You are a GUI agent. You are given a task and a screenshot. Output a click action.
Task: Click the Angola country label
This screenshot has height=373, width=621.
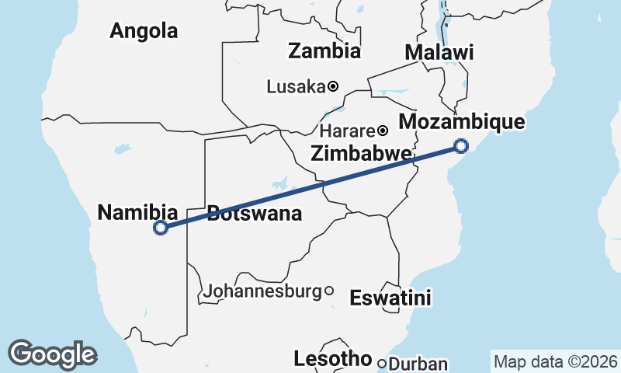tap(144, 31)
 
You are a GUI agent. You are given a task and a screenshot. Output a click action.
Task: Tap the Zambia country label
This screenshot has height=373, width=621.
tap(324, 51)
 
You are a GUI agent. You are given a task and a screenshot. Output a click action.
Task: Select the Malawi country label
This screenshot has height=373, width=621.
tap(439, 53)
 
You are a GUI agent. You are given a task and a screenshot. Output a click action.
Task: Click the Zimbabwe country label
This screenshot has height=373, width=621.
tap(360, 154)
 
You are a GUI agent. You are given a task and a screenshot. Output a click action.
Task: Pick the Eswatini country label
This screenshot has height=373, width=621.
tap(390, 298)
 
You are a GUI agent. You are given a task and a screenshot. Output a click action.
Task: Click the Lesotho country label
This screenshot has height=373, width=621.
tap(333, 359)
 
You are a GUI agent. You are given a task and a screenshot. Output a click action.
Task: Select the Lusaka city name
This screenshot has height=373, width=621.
tap(295, 86)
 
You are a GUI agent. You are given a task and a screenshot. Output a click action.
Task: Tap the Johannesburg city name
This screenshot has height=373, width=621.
tap(263, 291)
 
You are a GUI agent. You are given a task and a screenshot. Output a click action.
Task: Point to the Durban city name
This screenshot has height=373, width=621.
tap(418, 364)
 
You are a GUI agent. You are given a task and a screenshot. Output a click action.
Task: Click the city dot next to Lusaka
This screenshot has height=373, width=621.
tap(332, 86)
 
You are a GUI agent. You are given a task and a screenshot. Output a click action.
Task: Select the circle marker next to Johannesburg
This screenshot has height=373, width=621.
tap(329, 291)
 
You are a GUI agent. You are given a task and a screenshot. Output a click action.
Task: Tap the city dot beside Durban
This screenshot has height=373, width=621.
tap(382, 363)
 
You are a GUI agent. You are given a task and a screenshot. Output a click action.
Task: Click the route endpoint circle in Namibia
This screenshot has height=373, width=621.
tap(161, 228)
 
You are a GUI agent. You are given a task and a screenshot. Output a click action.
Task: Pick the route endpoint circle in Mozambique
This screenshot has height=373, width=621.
tap(461, 145)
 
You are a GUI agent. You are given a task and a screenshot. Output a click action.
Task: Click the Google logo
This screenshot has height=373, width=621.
tap(52, 354)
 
